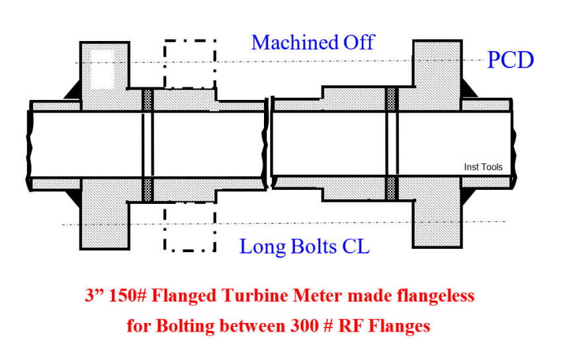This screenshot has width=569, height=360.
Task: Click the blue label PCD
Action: pos(510,60)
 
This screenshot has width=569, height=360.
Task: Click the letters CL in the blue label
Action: pos(355,247)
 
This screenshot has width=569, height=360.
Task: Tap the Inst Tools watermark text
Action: pos(483,167)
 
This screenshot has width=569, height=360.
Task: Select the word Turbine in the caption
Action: pos(239,296)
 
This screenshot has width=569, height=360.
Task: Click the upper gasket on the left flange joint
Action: pos(148,99)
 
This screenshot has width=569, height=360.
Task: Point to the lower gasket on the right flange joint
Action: pos(391,190)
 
